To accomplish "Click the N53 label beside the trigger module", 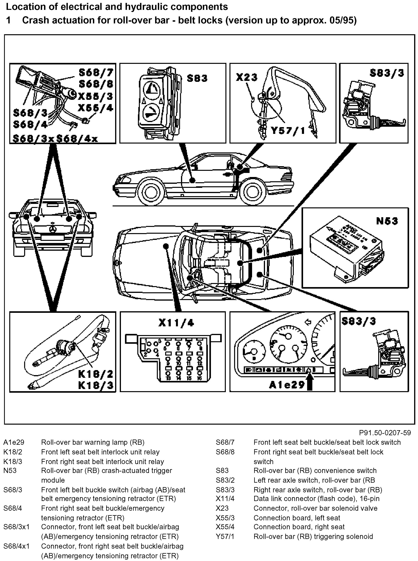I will click(387, 221).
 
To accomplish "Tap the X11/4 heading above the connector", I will click(176, 323).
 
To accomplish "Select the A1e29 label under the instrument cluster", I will click(287, 385).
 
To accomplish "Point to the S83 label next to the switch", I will click(197, 78).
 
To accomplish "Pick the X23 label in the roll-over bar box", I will click(246, 77).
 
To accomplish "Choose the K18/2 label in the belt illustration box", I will click(95, 374).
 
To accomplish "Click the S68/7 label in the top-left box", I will click(96, 73).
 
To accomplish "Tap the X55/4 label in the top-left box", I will click(95, 108).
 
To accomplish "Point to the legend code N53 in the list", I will click(10, 470).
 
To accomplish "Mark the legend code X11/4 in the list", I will click(225, 498).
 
